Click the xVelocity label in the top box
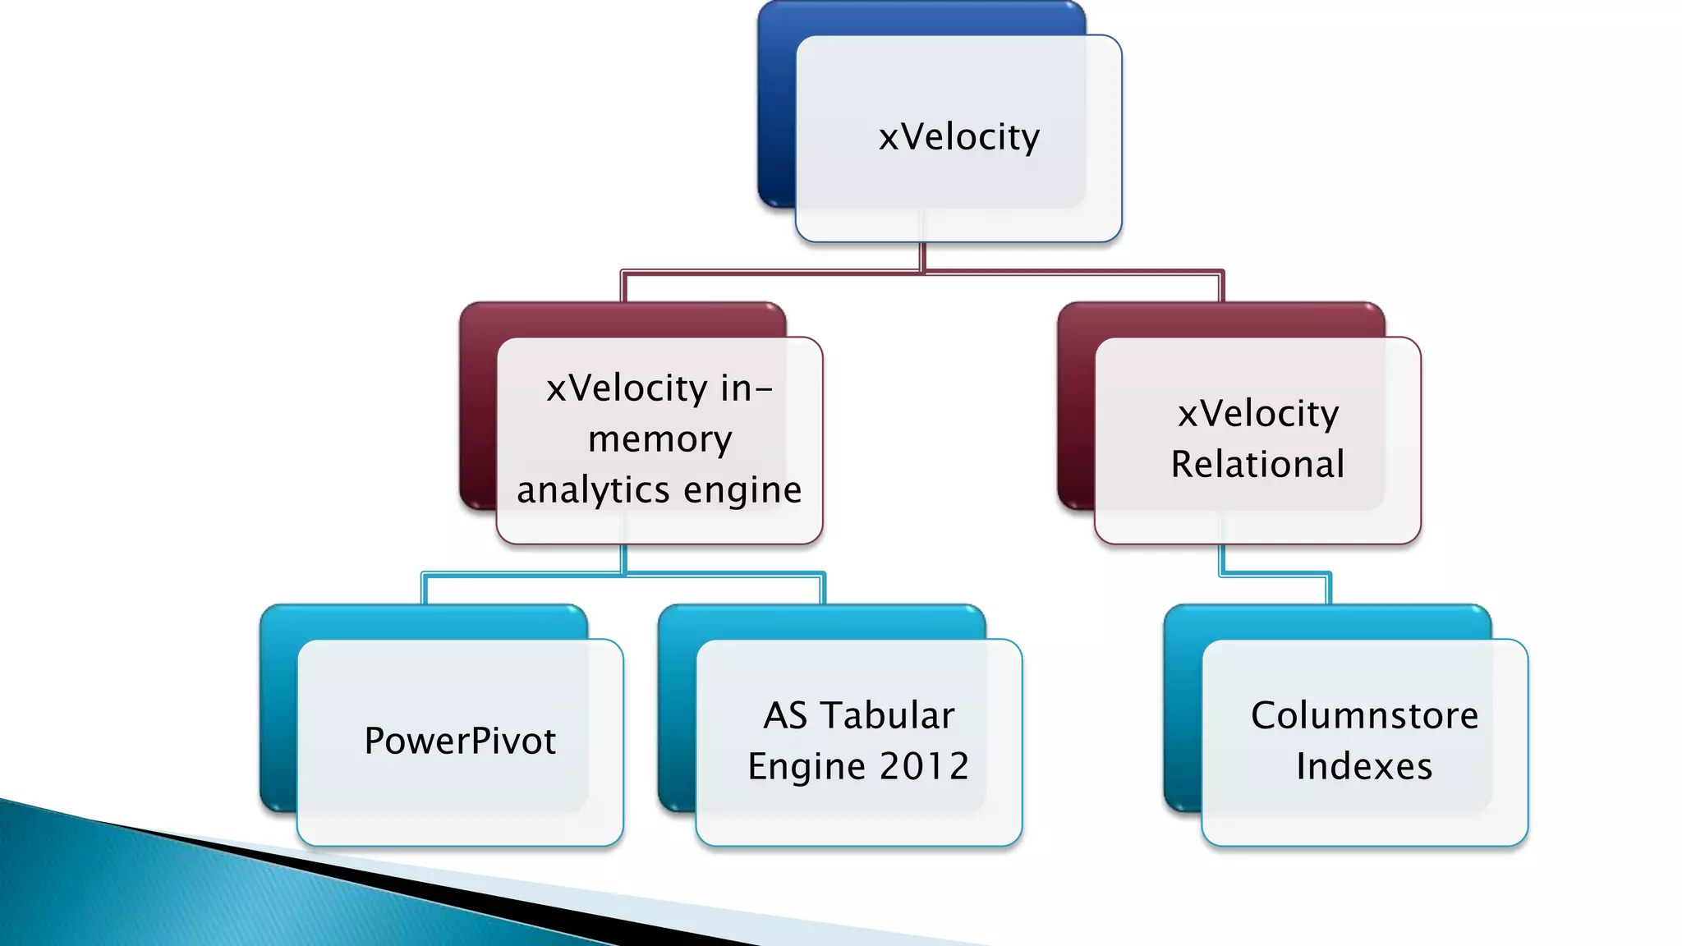pos(958,137)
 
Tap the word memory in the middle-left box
pos(659,440)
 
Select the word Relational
pos(1257,465)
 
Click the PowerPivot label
pos(460,742)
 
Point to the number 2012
pos(924,767)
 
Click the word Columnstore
pos(1364,716)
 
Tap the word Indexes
pos(1364,767)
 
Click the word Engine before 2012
pos(807,767)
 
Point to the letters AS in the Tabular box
pos(786,716)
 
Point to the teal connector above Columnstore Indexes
pos(1275,575)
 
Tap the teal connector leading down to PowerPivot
pos(425,588)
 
